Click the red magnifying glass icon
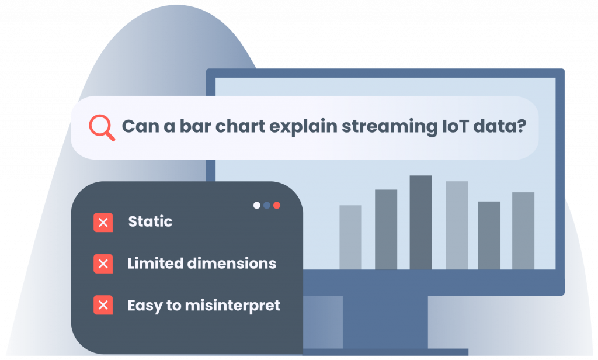pos(102,127)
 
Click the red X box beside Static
pos(103,223)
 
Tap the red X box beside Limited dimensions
pos(103,264)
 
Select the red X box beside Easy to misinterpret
pos(103,305)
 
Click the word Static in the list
pos(150,222)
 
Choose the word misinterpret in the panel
pos(231,305)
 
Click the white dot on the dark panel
pos(256,205)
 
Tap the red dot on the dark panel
pos(277,205)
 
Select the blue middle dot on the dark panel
pos(266,205)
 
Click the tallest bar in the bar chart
pos(420,222)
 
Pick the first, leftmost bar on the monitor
pos(350,237)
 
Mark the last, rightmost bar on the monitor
pos(523,230)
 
